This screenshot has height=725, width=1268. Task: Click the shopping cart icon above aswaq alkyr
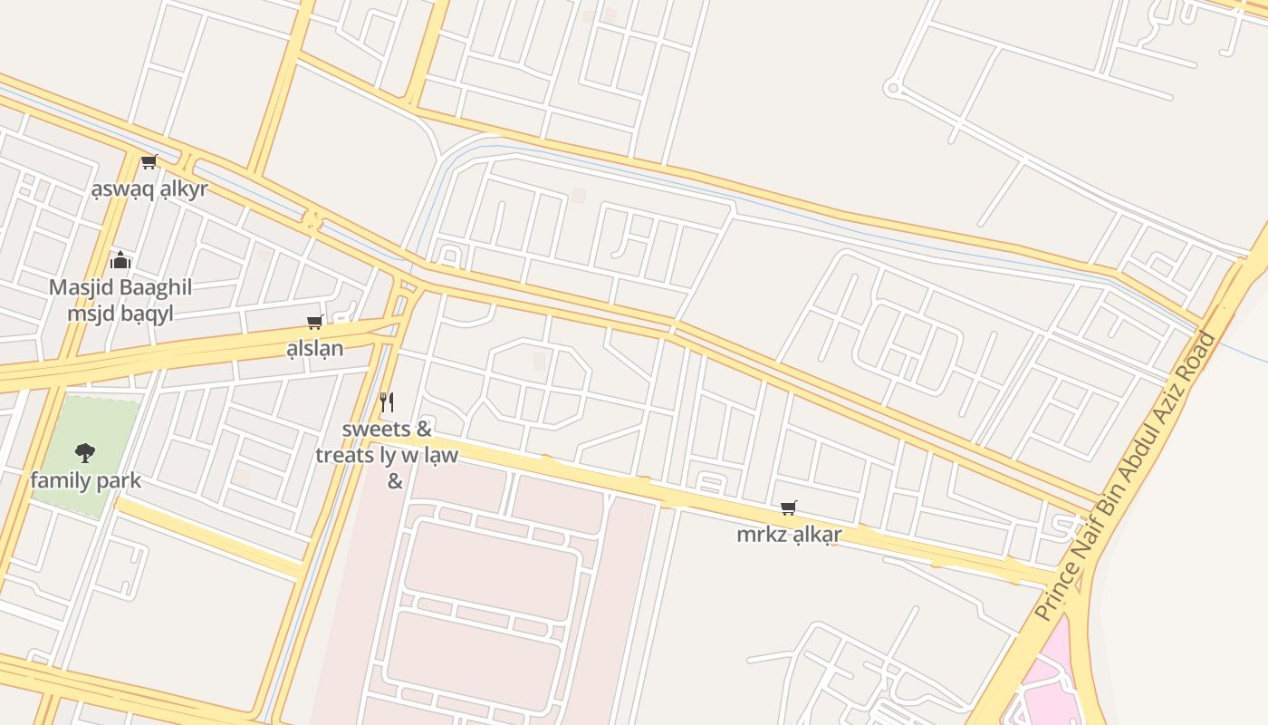click(x=149, y=162)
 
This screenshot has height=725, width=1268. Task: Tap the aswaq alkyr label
click(x=149, y=189)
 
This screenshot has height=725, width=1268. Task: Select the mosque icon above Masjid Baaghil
click(x=120, y=262)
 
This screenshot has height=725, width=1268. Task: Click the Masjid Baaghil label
click(x=120, y=288)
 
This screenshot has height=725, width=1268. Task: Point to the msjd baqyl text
click(x=120, y=314)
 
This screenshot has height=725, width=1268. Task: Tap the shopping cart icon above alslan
click(x=315, y=322)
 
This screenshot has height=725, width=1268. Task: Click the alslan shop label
click(x=315, y=348)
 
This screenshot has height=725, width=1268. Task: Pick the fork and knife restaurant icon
click(x=387, y=401)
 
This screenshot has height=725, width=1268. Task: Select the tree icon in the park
click(x=85, y=452)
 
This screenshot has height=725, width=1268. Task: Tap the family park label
click(x=85, y=480)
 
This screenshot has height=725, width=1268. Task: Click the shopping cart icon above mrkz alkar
click(x=789, y=508)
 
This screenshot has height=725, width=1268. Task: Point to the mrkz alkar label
click(x=789, y=535)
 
